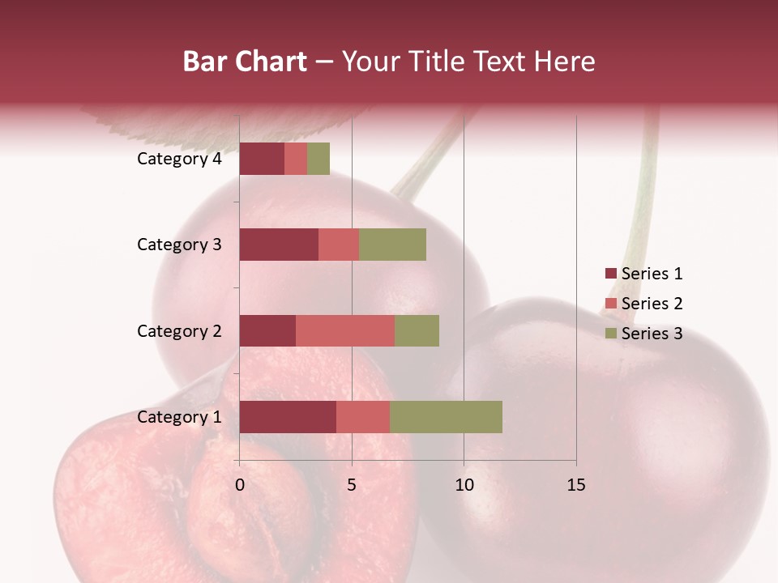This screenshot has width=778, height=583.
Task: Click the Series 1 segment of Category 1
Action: [287, 417]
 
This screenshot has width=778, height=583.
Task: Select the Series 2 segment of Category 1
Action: [362, 417]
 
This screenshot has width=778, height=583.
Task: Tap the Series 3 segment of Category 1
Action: [446, 417]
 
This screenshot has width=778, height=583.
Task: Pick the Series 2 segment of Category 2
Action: [344, 330]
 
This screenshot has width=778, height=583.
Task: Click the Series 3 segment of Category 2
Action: [417, 330]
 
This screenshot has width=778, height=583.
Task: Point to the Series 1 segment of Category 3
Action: [278, 245]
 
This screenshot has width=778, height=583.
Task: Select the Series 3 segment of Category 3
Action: [392, 245]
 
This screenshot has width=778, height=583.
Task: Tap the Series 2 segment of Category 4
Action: [296, 159]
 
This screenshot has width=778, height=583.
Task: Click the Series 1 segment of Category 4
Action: [262, 159]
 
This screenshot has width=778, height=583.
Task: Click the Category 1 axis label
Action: [178, 417]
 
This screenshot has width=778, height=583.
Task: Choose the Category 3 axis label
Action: [178, 245]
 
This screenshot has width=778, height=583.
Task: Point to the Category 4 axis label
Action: [178, 159]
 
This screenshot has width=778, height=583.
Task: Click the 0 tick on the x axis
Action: [240, 485]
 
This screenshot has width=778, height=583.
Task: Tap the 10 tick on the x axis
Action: [464, 485]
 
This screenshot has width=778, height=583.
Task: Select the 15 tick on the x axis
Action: [576, 485]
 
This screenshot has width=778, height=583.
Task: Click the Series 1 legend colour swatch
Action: [610, 274]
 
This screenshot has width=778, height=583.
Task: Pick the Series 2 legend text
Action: [652, 304]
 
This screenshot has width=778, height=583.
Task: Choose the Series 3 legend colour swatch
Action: [610, 334]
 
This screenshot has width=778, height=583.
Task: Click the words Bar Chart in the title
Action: [245, 62]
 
